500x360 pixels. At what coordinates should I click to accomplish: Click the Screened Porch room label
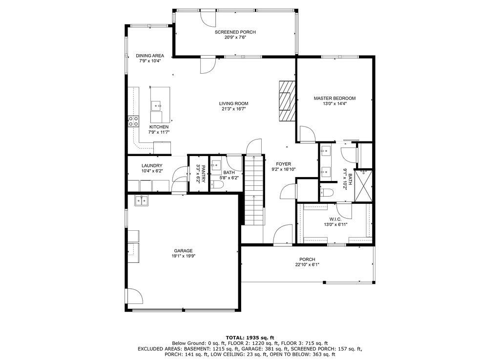[235, 32]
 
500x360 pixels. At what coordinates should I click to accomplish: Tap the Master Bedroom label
[334, 98]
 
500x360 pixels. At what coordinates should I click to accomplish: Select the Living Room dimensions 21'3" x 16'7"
[233, 109]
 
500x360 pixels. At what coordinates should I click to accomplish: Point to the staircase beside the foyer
[254, 190]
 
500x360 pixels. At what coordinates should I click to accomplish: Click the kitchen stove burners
[133, 121]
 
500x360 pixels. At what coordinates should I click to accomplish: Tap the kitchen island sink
[156, 104]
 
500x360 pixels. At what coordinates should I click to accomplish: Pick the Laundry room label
[152, 166]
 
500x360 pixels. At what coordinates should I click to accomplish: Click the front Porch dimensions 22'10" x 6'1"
[307, 265]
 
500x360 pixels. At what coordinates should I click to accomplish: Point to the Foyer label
[283, 164]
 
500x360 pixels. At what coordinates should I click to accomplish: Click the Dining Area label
[149, 56]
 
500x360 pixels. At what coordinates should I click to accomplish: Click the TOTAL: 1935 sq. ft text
[250, 338]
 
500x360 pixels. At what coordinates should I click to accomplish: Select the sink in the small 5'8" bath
[216, 166]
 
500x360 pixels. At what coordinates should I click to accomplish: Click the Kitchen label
[159, 127]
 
